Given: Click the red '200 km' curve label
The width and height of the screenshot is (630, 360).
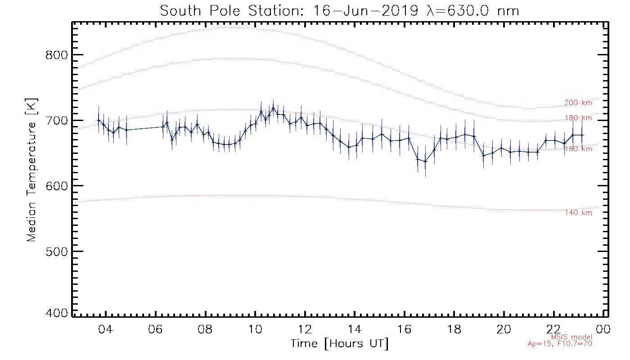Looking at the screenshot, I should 578,103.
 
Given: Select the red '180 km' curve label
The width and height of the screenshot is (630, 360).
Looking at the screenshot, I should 578,118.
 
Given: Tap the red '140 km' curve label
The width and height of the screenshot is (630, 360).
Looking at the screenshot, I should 578,213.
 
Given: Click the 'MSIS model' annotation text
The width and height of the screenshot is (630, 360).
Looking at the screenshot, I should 571,337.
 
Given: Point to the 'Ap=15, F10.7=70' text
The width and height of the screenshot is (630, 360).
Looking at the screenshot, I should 560,344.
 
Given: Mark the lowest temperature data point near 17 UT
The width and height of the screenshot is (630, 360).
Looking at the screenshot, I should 425,161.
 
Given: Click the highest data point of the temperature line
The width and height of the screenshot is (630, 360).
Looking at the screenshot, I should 273,108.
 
